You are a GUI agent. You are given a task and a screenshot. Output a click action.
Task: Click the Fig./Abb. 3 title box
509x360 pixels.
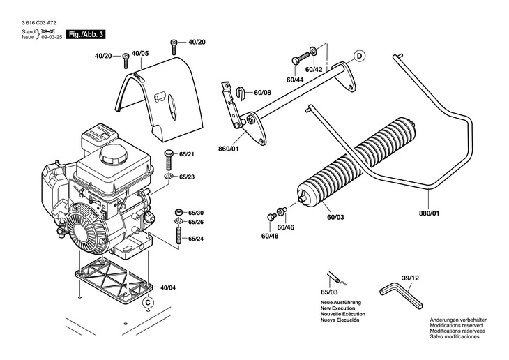point(86,34)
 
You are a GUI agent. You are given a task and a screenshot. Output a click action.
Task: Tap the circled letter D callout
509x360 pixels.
point(359,56)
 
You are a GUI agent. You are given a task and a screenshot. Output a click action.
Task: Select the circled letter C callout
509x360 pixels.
point(148,303)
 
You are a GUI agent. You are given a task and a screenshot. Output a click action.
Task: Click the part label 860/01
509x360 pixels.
point(228,149)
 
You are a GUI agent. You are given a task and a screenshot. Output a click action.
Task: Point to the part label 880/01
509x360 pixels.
point(429,213)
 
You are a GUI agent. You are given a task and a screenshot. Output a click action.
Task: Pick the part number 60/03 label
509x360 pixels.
point(335,217)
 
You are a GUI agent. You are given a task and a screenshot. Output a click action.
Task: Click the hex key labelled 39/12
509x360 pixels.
point(402,295)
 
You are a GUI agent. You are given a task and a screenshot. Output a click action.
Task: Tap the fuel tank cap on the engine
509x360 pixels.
point(113,154)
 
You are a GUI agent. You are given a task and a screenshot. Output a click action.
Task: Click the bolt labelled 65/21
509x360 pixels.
point(169,160)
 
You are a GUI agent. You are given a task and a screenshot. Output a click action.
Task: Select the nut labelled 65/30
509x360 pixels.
point(178,213)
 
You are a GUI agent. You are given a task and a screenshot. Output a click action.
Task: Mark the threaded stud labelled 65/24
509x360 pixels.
point(178,237)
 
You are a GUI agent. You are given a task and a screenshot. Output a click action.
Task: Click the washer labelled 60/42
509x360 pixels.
point(314,52)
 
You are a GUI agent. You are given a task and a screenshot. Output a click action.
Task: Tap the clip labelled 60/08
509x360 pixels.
point(240,92)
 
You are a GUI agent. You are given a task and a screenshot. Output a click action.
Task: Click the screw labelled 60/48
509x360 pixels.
point(271,217)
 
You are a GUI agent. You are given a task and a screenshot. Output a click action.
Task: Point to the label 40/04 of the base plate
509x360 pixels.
point(167,287)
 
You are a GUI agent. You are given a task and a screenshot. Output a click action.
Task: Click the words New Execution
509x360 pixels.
point(337,308)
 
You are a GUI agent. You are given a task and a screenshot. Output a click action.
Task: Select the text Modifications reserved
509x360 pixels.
point(456,325)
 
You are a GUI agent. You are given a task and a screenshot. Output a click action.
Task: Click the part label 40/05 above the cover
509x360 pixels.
point(140,53)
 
